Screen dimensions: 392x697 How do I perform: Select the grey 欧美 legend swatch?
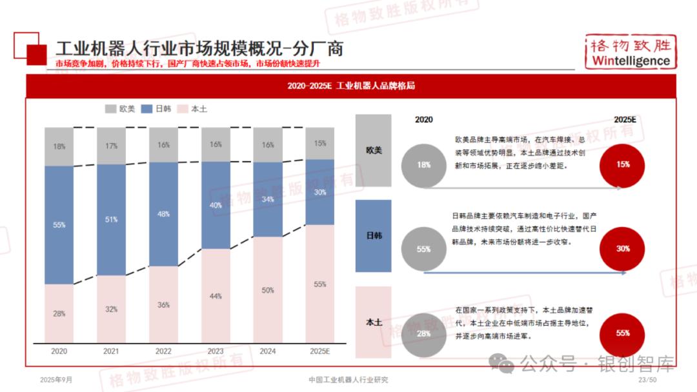[110, 109]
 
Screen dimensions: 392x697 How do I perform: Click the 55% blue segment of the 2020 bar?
[59, 224]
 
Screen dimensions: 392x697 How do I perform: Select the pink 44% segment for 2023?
[216, 295]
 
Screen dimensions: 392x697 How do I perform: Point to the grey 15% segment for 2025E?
[319, 143]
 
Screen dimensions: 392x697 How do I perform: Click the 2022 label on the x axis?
[163, 351]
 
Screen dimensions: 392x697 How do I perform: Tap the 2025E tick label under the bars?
[319, 351]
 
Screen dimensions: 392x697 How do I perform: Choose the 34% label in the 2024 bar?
[268, 199]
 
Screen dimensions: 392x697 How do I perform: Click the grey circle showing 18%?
[423, 165]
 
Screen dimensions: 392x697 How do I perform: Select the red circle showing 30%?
[623, 249]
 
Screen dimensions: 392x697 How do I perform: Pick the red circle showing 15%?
[623, 165]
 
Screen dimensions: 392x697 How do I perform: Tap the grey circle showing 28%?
[423, 334]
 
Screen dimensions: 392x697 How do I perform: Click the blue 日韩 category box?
[373, 236]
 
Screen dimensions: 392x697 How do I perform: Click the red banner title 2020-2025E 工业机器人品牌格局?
[350, 86]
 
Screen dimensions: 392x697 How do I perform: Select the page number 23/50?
[647, 380]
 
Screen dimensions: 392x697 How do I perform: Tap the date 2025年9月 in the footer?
[56, 380]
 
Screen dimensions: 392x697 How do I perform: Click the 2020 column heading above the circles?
[424, 119]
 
